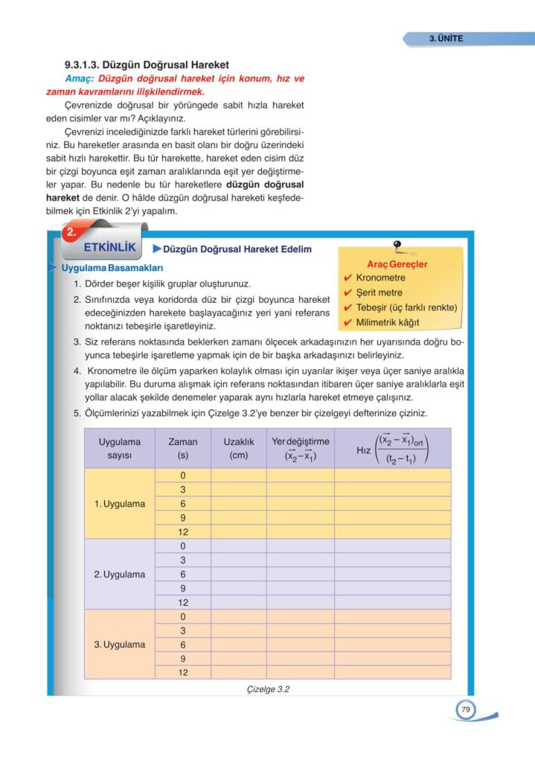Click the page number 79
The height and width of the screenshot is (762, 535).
[x=465, y=710]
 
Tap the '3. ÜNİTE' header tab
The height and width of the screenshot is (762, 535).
[x=447, y=38]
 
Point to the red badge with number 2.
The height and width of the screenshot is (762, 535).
[x=72, y=233]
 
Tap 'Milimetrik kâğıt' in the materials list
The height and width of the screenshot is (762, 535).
[x=387, y=322]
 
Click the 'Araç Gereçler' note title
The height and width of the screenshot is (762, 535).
[x=397, y=264]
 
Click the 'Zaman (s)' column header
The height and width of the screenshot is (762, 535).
[x=182, y=448]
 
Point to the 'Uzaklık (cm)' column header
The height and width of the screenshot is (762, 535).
[x=239, y=448]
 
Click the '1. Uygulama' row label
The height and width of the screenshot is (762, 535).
[x=119, y=504]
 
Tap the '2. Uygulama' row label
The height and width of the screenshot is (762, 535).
[x=119, y=574]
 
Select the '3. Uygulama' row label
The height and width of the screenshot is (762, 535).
[x=119, y=644]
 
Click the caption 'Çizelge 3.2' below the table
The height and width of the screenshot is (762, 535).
[x=267, y=689]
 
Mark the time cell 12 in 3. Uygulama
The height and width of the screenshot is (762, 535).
[x=182, y=672]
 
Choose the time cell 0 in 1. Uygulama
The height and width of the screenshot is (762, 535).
[x=182, y=476]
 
